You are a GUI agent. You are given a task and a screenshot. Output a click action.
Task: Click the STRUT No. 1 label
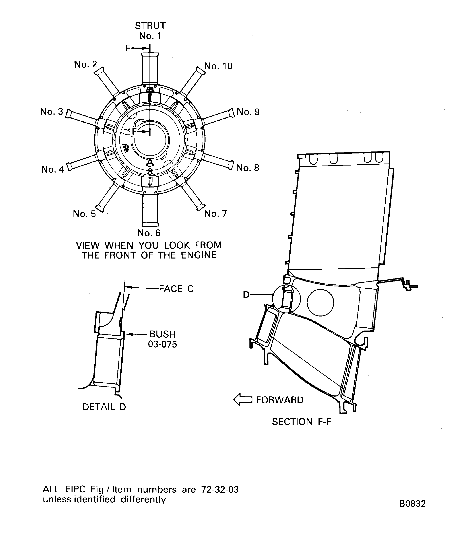(x=150, y=31)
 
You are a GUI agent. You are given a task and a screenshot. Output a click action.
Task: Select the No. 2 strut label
(x=85, y=64)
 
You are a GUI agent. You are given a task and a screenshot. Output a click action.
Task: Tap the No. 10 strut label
(x=218, y=66)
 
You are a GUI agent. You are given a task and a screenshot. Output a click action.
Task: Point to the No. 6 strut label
(x=149, y=233)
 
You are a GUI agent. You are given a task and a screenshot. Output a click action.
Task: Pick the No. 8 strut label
(x=247, y=168)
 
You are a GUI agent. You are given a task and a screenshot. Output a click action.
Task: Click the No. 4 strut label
(x=52, y=169)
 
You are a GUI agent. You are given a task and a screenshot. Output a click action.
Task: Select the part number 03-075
(x=163, y=344)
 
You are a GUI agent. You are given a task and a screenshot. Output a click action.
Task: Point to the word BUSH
(x=163, y=334)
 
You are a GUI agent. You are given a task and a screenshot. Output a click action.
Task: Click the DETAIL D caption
(x=104, y=407)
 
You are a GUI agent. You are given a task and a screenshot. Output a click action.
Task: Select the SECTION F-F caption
(x=301, y=422)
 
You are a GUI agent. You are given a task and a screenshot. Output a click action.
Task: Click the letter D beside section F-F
(x=246, y=295)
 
